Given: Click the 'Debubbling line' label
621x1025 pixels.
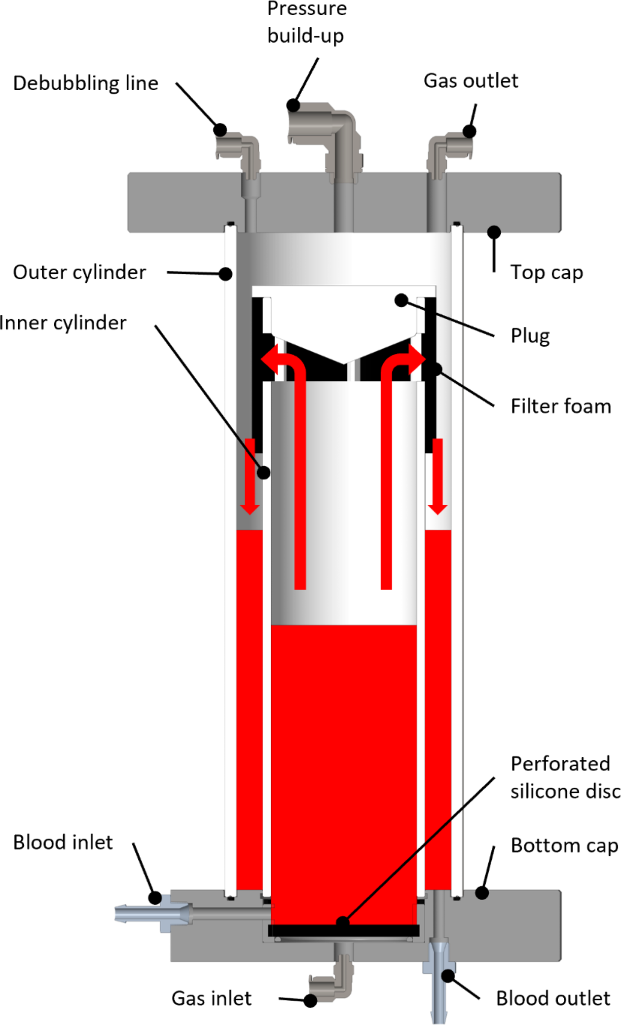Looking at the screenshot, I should [85, 83].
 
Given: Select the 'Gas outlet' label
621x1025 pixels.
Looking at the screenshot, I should [470, 81].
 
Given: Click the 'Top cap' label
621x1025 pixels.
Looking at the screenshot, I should [546, 272].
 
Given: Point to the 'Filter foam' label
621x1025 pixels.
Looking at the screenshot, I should [560, 406].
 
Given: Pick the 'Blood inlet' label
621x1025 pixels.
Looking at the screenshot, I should [63, 842].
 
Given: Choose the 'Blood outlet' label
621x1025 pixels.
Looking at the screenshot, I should [553, 998].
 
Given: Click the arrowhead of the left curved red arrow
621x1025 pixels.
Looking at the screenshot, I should [270, 360].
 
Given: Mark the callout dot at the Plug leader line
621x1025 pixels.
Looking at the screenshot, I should [401, 300].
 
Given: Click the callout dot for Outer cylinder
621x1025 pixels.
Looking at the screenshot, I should [225, 274].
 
